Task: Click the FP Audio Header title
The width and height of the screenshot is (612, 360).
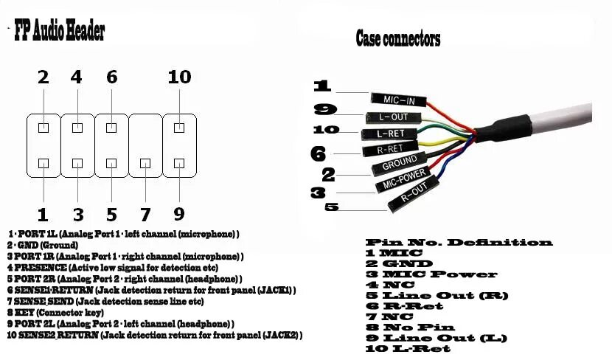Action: pos(60,32)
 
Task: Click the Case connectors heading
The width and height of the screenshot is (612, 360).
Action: pos(397,38)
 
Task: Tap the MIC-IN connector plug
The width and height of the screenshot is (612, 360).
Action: pos(395,98)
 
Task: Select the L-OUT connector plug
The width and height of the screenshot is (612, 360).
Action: pos(392,117)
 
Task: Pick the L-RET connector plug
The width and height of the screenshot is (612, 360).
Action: pos(390,134)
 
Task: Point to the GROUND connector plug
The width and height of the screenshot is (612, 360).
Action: pos(399,162)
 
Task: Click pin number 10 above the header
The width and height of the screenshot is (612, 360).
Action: pos(179,77)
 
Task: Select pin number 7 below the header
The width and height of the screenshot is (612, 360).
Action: pos(145,215)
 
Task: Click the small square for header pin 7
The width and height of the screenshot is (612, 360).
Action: pos(145,163)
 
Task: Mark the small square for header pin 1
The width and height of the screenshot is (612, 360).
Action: pos(44,163)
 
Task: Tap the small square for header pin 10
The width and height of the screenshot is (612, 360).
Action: pos(179,128)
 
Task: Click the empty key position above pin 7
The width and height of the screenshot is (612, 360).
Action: pos(145,128)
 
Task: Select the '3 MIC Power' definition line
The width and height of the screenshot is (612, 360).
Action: pos(431,274)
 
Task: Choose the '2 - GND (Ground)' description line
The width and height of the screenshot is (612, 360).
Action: pos(48,245)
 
